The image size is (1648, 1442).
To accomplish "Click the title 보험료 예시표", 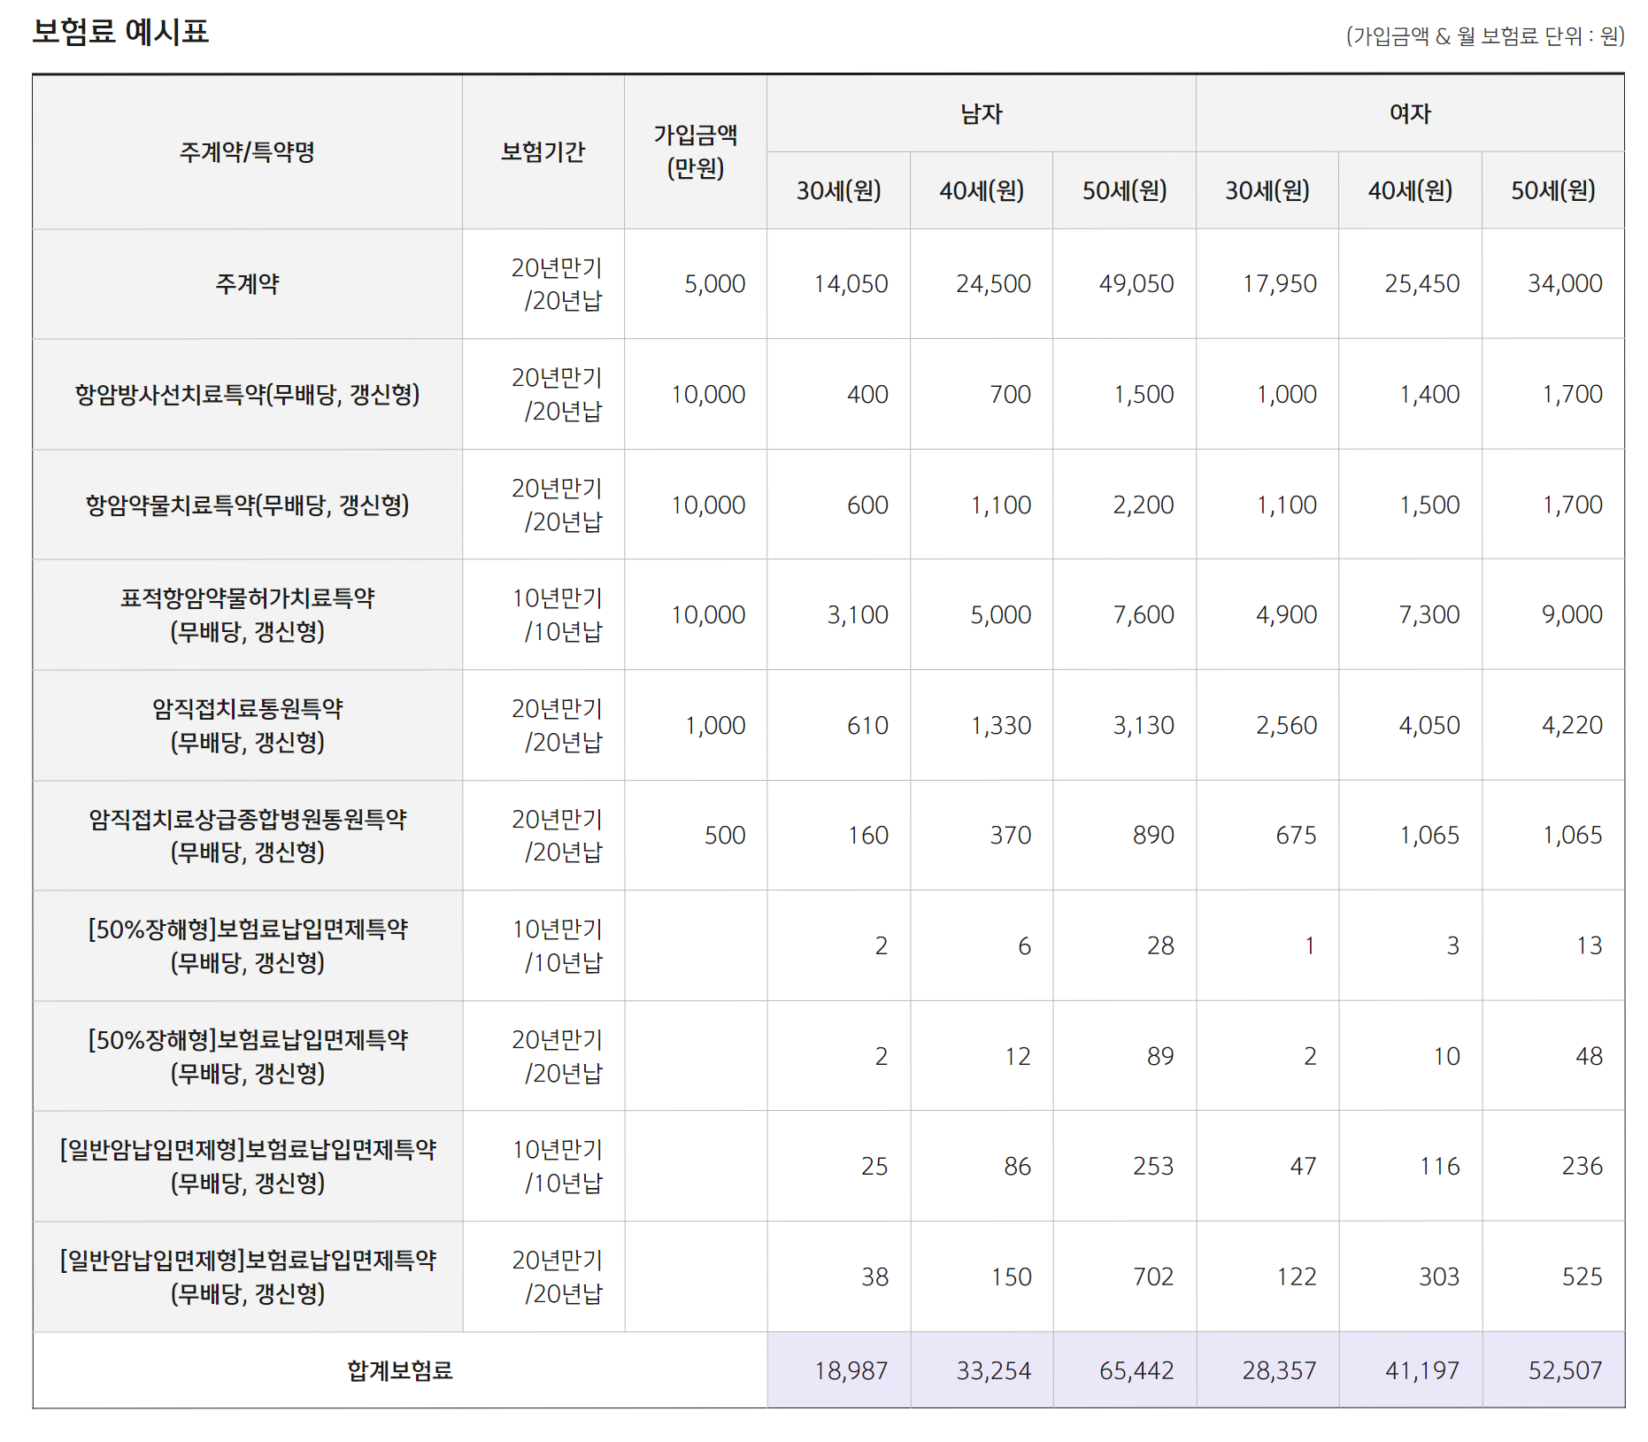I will (120, 33).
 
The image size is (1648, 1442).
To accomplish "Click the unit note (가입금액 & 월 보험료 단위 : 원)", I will (1485, 36).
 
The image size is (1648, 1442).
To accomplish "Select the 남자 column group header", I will (981, 113).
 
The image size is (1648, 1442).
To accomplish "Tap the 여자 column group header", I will (1410, 113).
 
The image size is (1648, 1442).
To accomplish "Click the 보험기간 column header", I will (543, 152).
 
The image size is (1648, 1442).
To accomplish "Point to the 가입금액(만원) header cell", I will (695, 152).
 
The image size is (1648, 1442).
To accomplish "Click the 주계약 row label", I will (247, 284).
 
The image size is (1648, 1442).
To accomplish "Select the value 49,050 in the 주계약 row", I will (1136, 284).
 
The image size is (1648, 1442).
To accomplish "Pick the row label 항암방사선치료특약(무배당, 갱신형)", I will (247, 395).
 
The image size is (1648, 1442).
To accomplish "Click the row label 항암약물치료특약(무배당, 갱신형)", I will (247, 505).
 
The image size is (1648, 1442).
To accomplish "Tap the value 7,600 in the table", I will (1143, 615).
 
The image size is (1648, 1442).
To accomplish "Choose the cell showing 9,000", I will (1571, 615).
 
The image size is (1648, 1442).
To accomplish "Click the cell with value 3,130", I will (1143, 726).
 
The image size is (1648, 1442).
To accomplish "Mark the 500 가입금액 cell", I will (724, 836).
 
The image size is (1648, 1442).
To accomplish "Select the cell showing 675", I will (1295, 836).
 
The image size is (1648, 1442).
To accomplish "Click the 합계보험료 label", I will (399, 1371).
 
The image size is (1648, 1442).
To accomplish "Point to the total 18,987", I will (850, 1371).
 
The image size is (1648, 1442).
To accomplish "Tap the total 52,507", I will (1564, 1371).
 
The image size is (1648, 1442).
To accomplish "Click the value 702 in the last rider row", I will (1152, 1277).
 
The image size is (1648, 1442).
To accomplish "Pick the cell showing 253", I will (1152, 1167).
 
